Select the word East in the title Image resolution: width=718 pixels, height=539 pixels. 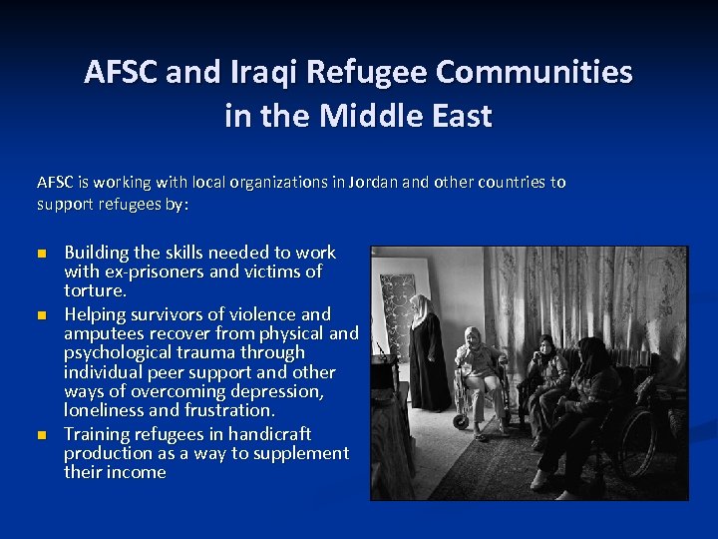click(460, 116)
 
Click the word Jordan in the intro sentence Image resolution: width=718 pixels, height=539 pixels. click(370, 183)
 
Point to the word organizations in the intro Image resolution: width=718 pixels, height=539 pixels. click(274, 183)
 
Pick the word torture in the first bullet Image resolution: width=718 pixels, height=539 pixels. click(94, 290)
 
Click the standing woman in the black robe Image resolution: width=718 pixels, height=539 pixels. click(427, 354)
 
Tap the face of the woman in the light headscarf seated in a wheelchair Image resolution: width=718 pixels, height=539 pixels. click(471, 336)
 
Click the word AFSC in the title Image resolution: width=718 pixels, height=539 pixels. click(122, 73)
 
